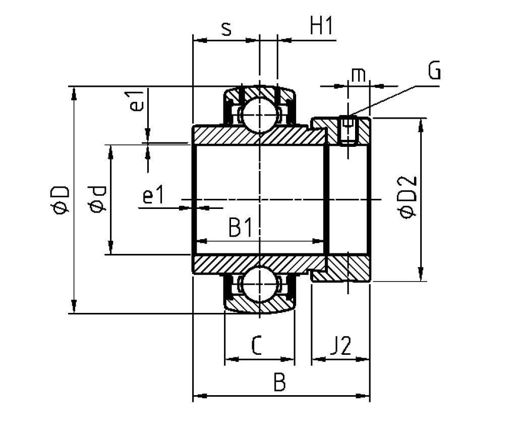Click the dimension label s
pyautogui.click(x=226, y=29)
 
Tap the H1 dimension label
pyautogui.click(x=321, y=26)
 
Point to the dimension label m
pyautogui.click(x=359, y=75)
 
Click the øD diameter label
pyautogui.click(x=60, y=200)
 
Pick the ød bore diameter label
pyautogui.click(x=97, y=199)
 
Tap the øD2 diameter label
pyautogui.click(x=407, y=196)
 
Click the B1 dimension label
pyautogui.click(x=241, y=228)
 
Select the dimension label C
pyautogui.click(x=256, y=345)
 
